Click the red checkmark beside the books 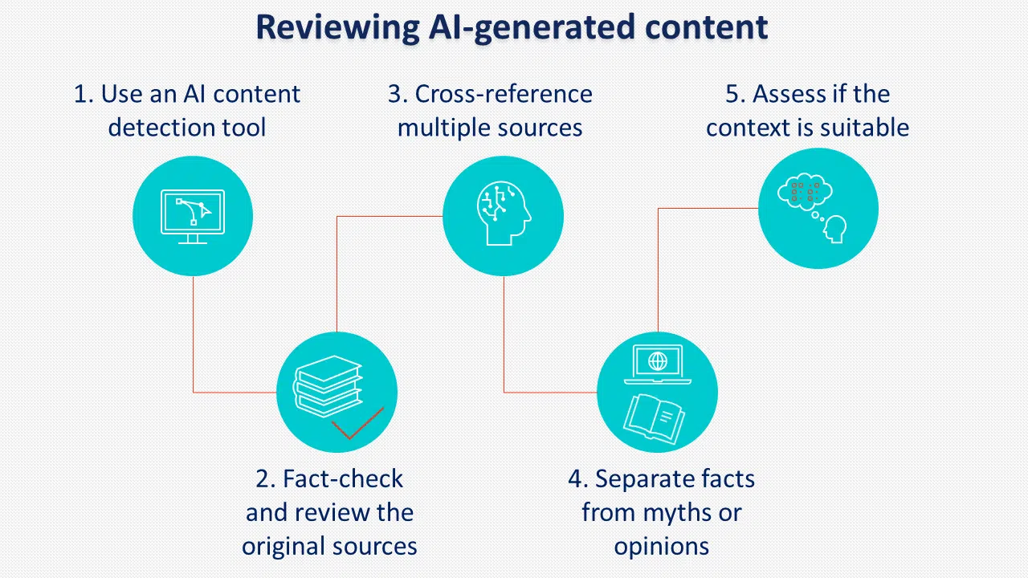pyautogui.click(x=357, y=425)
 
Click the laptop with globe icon pyautogui.click(x=657, y=363)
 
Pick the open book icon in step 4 pyautogui.click(x=655, y=417)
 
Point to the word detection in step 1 pyautogui.click(x=150, y=128)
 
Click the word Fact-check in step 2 pyautogui.click(x=342, y=479)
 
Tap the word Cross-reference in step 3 pyautogui.click(x=504, y=94)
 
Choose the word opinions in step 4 pyautogui.click(x=662, y=547)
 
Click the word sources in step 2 pyautogui.click(x=377, y=547)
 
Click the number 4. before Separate pyautogui.click(x=577, y=479)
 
